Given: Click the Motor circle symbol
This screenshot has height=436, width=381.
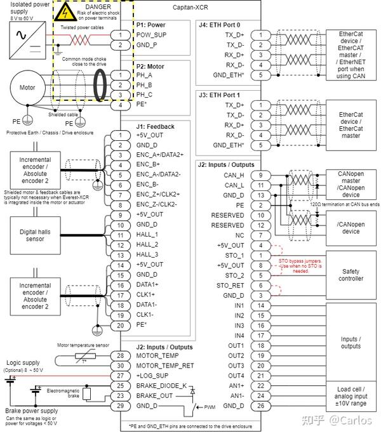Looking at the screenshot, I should tap(27, 88).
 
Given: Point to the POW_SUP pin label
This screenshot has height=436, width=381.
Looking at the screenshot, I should tap(151, 34).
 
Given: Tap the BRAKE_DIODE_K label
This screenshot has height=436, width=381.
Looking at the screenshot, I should tap(161, 385).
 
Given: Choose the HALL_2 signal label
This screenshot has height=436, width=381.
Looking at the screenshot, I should tap(147, 244).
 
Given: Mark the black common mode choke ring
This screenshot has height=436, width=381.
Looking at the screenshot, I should tap(101, 84).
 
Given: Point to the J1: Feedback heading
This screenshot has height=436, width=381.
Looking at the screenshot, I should tap(155, 126).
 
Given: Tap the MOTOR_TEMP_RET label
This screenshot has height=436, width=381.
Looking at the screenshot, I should tap(164, 365).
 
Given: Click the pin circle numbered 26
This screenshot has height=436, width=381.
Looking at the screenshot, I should tap(260, 406).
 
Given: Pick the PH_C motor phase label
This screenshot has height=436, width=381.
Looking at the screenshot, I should tap(144, 95).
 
